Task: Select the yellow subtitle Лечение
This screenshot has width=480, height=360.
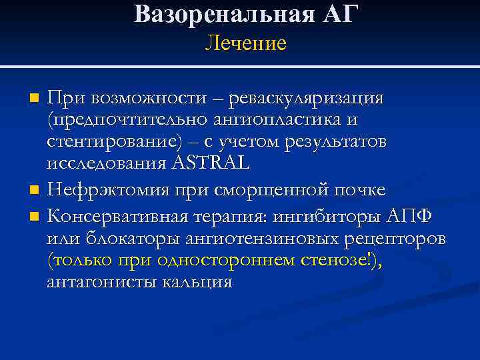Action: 245,44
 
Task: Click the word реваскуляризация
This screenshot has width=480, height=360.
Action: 306,99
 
